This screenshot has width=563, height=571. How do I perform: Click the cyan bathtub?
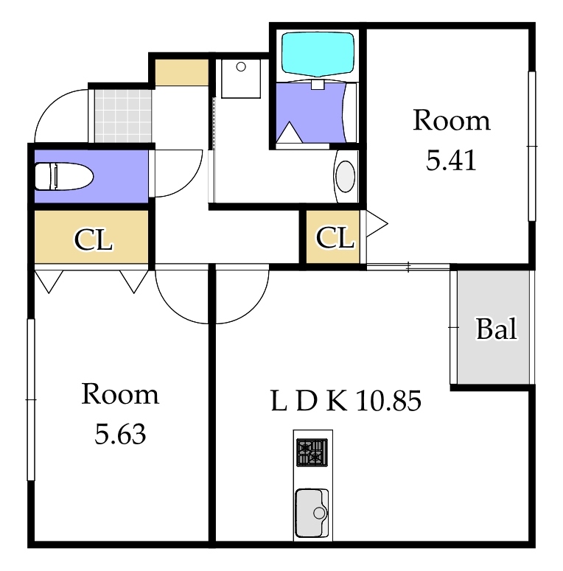pyautogui.click(x=318, y=55)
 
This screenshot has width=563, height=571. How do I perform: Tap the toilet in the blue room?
pyautogui.click(x=63, y=176)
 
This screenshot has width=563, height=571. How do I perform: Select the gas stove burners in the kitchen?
pyautogui.click(x=312, y=452)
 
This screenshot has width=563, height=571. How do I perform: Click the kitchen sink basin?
pyautogui.click(x=312, y=513)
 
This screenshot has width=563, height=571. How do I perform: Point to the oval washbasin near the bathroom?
pyautogui.click(x=345, y=176)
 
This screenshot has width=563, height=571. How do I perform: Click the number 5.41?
pyautogui.click(x=451, y=161)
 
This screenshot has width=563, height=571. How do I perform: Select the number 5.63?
pyautogui.click(x=120, y=434)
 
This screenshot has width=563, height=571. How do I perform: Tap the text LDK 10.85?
pyautogui.click(x=346, y=401)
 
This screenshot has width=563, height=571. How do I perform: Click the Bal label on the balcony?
pyautogui.click(x=497, y=329)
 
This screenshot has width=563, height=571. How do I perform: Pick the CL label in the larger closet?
pyautogui.click(x=94, y=240)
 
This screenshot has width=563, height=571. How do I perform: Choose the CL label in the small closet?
pyautogui.click(x=335, y=238)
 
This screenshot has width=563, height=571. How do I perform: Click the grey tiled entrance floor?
pyautogui.click(x=123, y=116)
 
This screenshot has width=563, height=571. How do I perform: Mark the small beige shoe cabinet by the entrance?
pyautogui.click(x=182, y=72)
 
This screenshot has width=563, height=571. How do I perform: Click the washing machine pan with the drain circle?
pyautogui.click(x=241, y=79)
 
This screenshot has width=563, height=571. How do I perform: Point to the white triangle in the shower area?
pyautogui.click(x=289, y=132)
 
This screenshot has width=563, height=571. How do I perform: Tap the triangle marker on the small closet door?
pyautogui.click(x=377, y=223)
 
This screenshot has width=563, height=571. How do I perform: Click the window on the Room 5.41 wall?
pyautogui.click(x=532, y=146)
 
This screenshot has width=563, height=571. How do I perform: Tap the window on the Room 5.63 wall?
pyautogui.click(x=31, y=400)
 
